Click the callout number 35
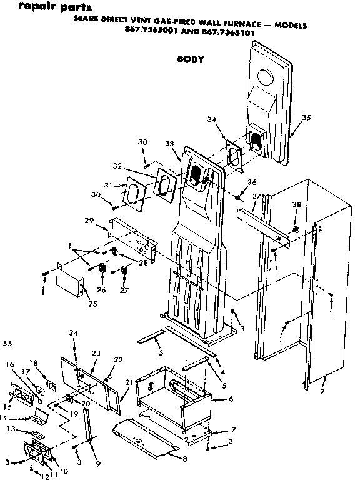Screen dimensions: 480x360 (306, 117)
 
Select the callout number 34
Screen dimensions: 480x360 (229, 119)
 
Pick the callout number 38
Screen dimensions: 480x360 (297, 204)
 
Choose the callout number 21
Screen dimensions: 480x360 (129, 381)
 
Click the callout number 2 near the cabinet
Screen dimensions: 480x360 (322, 392)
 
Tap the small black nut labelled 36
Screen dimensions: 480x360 (239, 199)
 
